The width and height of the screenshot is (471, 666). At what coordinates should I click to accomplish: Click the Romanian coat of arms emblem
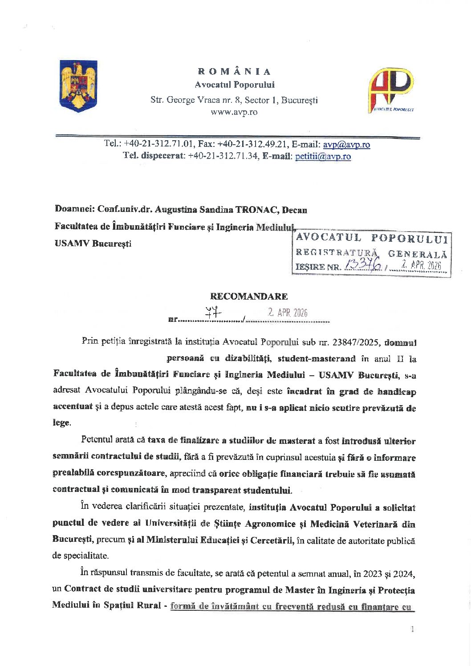point(78,86)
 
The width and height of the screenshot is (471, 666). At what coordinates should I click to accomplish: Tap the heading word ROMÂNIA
point(234,71)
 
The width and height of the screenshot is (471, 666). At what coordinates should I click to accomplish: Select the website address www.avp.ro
point(234,112)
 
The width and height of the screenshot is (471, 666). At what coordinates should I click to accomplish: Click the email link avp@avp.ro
point(346,144)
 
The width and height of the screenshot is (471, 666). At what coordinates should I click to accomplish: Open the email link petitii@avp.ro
point(323,156)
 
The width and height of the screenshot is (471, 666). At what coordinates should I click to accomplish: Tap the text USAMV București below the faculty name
point(93,244)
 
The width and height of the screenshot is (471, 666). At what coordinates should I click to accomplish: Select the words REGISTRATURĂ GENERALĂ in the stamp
point(371,253)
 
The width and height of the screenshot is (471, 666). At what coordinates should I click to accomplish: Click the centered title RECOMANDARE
point(249,296)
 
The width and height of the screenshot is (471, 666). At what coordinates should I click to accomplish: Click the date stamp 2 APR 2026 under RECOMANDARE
point(287,313)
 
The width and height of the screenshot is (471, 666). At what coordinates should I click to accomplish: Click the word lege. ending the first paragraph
point(62,423)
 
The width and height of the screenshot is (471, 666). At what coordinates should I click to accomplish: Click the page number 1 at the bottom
point(413,629)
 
